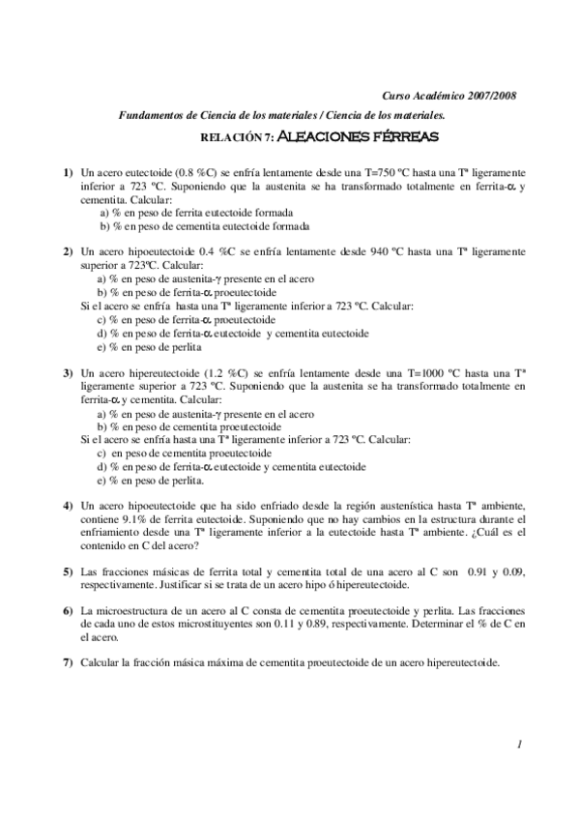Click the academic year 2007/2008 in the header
(x=492, y=96)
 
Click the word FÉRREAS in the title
(x=408, y=136)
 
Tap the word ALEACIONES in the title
(x=327, y=136)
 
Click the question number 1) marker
(x=69, y=171)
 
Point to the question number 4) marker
(x=69, y=505)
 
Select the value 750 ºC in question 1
(x=367, y=171)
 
